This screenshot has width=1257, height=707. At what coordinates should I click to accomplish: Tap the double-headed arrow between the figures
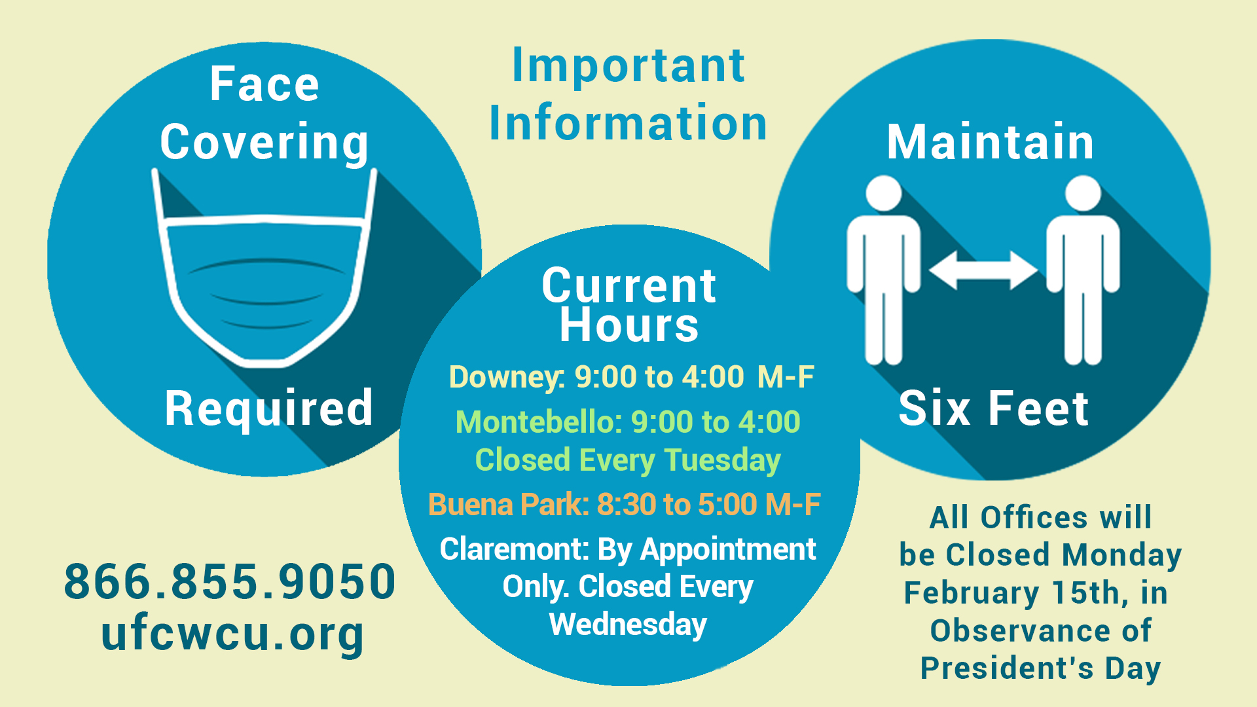983,270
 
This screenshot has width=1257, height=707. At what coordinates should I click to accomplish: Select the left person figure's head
884,192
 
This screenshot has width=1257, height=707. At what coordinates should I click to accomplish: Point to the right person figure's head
1083,192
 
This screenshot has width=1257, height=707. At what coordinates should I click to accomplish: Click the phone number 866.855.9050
230,581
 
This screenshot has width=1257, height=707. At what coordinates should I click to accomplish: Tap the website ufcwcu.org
232,634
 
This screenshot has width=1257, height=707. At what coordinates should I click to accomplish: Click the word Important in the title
628,65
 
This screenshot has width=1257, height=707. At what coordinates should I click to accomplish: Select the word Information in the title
628,122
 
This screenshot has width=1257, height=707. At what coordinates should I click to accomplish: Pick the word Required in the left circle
268,409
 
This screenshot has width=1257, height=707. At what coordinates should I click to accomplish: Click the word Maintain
990,141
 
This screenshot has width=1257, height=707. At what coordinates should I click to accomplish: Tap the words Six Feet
993,408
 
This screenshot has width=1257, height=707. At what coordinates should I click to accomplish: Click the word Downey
505,378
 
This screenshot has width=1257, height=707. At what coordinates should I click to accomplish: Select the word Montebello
537,422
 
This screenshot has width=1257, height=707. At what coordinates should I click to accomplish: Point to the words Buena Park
507,505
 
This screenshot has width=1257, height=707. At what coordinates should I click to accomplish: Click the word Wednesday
628,625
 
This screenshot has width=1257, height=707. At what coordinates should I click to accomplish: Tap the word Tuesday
723,461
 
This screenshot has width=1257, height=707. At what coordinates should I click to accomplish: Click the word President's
1007,668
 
